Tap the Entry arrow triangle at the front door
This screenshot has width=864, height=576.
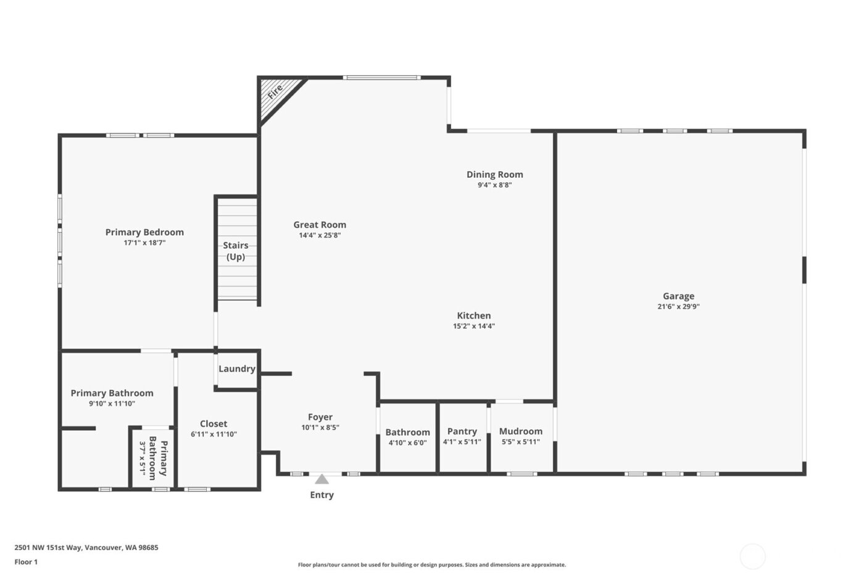pos(322,479)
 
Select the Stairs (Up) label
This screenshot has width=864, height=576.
pos(236,251)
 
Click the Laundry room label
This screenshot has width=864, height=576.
pos(236,369)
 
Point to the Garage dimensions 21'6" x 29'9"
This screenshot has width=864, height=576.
pos(678,307)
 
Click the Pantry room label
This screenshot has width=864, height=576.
pos(462,432)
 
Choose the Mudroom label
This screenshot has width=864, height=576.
pos(521,432)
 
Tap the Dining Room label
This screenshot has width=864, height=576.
pos(494,175)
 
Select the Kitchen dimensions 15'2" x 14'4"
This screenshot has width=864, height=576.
pos(473,327)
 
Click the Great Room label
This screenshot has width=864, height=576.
pos(320,225)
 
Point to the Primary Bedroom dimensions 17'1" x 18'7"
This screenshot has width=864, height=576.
pos(144,243)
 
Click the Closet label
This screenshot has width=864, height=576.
pos(214,424)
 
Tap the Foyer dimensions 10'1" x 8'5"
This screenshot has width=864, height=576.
pos(320,428)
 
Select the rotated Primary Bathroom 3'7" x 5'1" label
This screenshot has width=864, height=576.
pos(152,458)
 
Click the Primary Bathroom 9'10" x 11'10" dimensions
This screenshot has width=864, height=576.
pos(112,404)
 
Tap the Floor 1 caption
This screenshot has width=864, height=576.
pos(26,562)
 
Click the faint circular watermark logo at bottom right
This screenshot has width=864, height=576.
pos(752,556)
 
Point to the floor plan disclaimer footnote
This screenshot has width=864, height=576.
pos(431,565)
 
